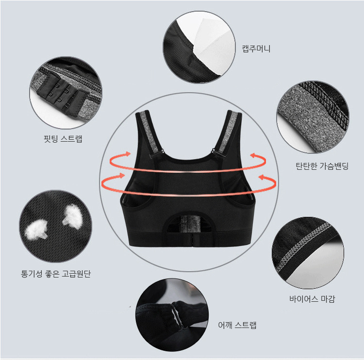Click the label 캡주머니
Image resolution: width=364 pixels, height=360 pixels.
click(256, 49)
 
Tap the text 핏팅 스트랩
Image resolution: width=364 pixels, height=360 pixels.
click(63, 139)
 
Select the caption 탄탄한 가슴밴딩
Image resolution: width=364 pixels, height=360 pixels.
click(322, 166)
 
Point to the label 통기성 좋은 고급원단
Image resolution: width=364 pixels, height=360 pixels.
click(56, 274)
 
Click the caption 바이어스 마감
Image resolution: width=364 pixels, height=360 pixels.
click(312, 299)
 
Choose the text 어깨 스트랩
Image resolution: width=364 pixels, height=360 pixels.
click(237, 325)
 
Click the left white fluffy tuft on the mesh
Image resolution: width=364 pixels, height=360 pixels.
click(36, 229)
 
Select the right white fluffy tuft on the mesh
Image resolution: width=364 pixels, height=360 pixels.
click(73, 216)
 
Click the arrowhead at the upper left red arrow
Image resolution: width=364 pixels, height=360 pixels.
click(127, 154)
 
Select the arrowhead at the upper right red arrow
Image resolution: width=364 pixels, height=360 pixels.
click(254, 155)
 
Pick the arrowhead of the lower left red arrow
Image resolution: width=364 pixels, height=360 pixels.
click(122, 176)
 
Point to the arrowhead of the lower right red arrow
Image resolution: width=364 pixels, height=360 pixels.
click(262, 178)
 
